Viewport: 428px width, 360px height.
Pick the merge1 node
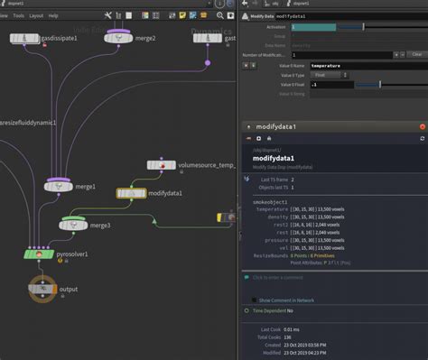pos(59,186)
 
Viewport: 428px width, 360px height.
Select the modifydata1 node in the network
pos(131,193)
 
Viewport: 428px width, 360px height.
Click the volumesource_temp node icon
pos(161,165)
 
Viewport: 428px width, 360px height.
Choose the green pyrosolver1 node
pos(40,254)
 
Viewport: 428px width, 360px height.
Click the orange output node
pos(42,289)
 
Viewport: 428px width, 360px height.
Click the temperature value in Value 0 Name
pos(327,66)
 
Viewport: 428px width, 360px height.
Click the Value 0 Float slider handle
pos(380,85)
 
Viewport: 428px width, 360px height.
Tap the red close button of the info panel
pos(423,127)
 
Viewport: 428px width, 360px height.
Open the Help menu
pos(53,15)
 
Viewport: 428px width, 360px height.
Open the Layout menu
pos(36,15)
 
